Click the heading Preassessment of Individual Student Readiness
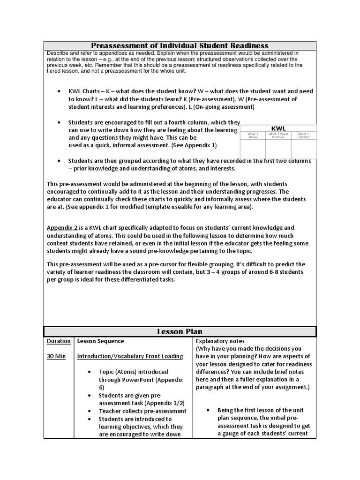(180, 45)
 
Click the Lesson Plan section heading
(180, 331)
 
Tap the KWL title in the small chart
(278, 128)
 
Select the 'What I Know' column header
(253, 135)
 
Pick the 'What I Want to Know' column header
(278, 135)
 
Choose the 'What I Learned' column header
(304, 135)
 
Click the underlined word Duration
(59, 341)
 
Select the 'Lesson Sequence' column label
(101, 341)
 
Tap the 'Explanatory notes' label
(220, 341)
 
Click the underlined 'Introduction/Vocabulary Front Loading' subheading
(130, 356)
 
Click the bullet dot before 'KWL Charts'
(58, 91)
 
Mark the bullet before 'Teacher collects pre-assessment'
(89, 411)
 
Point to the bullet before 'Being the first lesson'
(208, 410)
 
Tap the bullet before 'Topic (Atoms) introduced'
(89, 372)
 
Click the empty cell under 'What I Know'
(253, 149)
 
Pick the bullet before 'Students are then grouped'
(58, 161)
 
